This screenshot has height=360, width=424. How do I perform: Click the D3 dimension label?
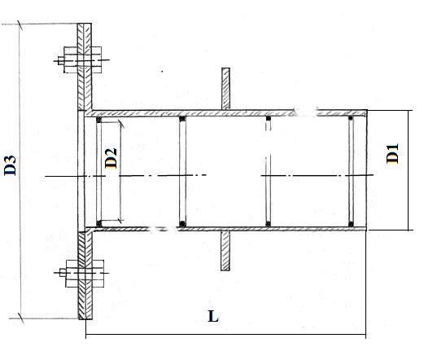click(x=10, y=165)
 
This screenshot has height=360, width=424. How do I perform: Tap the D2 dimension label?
click(x=111, y=158)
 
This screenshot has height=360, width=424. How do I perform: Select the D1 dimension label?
click(x=392, y=154)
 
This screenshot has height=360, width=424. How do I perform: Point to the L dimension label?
click(x=213, y=316)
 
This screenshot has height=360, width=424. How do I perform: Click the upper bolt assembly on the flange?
click(x=81, y=60)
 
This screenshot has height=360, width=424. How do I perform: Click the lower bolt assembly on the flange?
click(x=81, y=273)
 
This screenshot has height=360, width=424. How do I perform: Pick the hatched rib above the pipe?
click(x=225, y=89)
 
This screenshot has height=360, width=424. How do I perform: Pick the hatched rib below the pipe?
click(x=225, y=251)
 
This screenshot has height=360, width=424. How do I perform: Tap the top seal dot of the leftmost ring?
click(x=98, y=120)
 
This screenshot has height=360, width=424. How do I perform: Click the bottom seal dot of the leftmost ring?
click(x=99, y=224)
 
